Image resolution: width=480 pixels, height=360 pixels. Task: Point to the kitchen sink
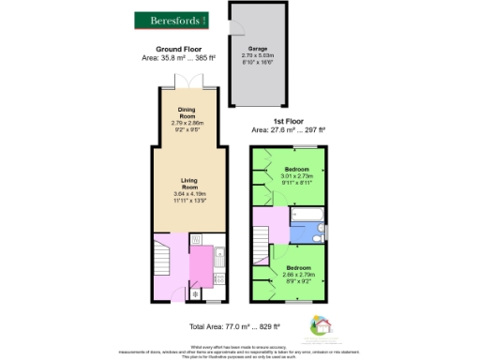click(220, 258)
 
